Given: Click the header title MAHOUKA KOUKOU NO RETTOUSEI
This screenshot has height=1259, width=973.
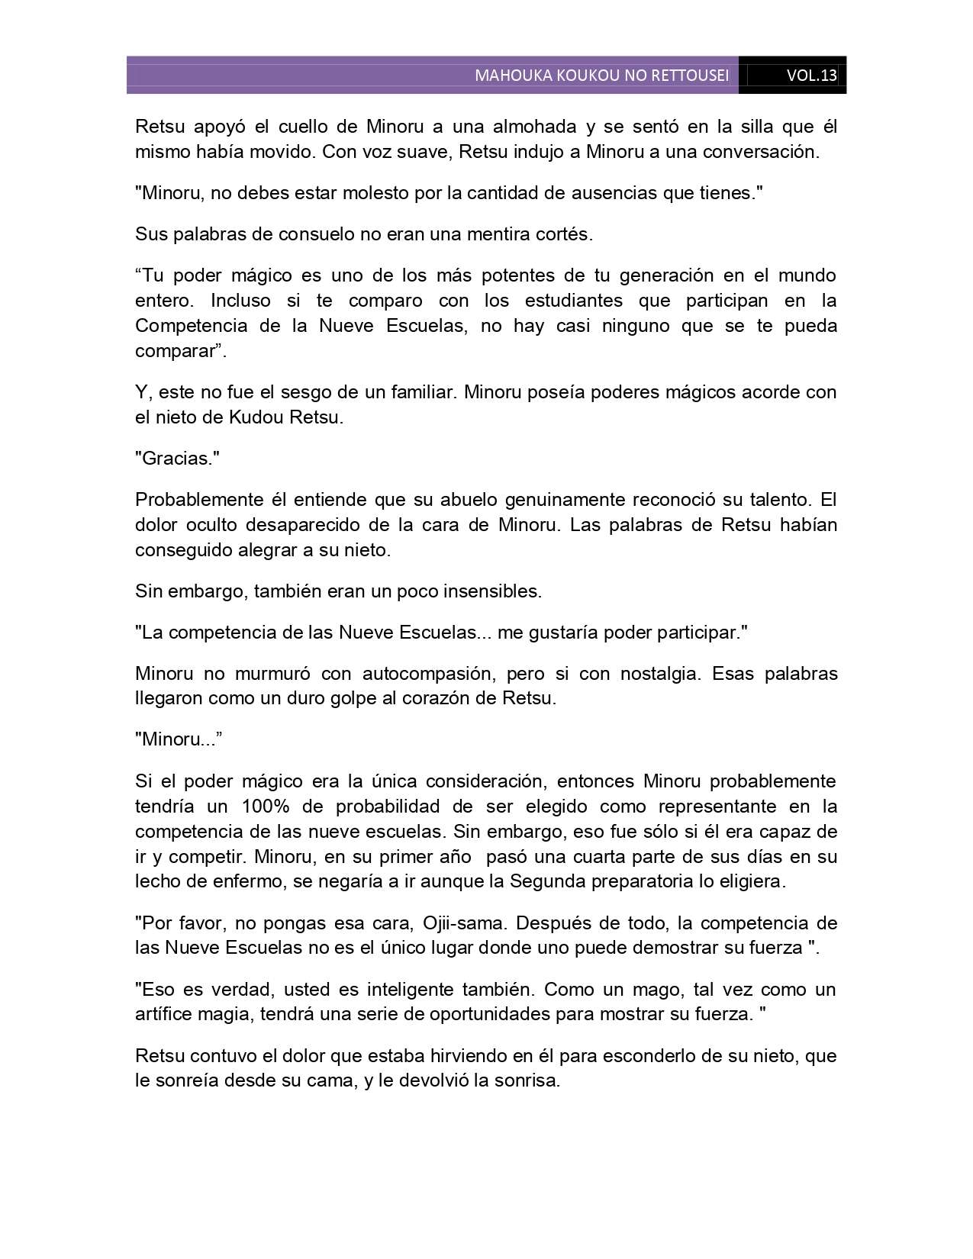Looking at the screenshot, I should pos(601,76).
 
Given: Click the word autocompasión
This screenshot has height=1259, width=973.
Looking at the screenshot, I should pos(422,674).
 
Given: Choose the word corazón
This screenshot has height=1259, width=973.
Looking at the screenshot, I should pos(443,698).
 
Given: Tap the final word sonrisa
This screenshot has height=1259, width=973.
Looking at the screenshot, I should pos(527,1081).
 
